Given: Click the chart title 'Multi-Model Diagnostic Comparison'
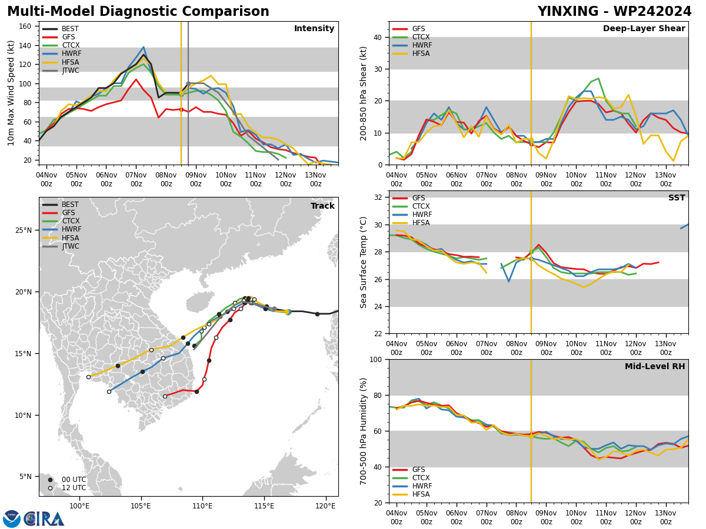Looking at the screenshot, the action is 138,12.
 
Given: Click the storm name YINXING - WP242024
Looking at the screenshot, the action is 614,12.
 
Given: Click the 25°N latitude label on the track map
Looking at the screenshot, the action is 24,230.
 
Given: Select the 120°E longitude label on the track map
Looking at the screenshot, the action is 325,506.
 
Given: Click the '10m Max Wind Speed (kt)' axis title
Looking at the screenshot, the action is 11,93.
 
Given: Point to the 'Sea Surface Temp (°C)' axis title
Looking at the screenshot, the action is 363,262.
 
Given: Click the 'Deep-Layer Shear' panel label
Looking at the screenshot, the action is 644,28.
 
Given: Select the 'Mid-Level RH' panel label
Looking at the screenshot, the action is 655,366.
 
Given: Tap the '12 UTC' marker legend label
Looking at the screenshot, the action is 74,488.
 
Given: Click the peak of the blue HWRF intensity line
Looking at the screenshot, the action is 144,47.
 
